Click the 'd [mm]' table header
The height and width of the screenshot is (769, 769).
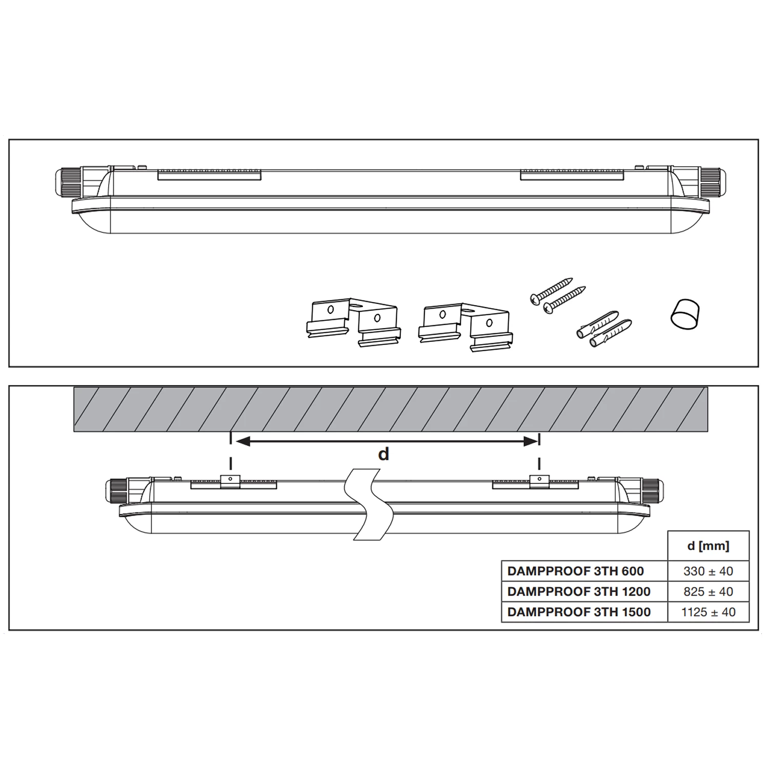[708, 546]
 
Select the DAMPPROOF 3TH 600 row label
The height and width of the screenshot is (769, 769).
[576, 571]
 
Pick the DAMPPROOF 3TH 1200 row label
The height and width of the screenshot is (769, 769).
[579, 592]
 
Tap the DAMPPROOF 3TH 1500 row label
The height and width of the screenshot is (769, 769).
[579, 612]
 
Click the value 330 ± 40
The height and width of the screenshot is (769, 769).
[708, 571]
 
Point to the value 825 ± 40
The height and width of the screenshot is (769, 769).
[708, 592]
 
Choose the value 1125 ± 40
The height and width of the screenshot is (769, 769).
[708, 612]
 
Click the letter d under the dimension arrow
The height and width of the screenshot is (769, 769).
[383, 454]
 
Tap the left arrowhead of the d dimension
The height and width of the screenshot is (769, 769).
[242, 441]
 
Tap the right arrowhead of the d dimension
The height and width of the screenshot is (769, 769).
[530, 441]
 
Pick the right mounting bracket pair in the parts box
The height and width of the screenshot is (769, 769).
[465, 326]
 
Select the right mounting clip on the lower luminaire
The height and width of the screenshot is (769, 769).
[539, 481]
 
